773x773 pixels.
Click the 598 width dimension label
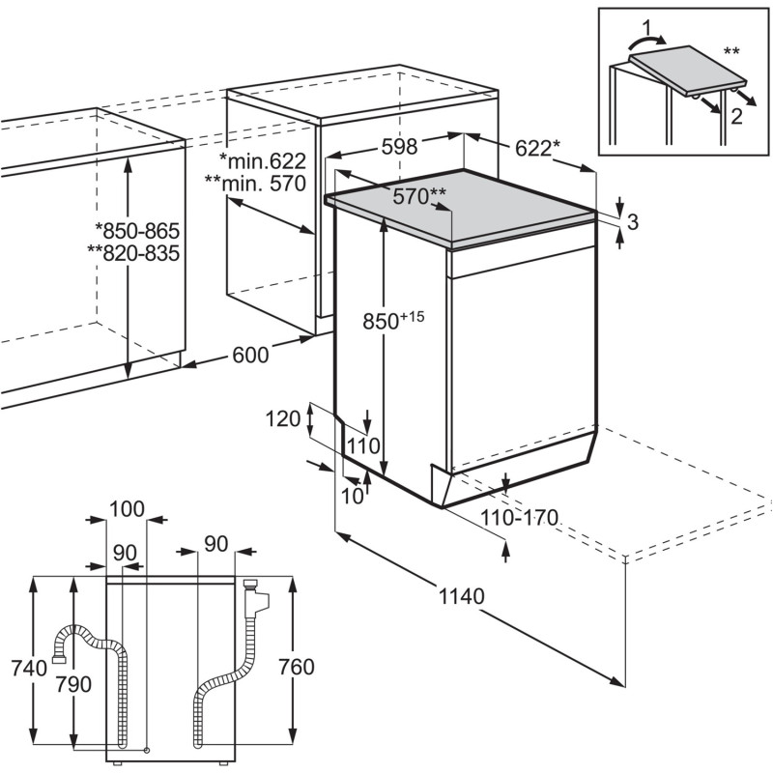(399, 147)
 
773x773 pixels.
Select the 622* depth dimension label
(538, 148)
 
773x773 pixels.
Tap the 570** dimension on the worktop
(419, 197)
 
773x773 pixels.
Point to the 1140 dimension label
(462, 596)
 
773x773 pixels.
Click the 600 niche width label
(250, 355)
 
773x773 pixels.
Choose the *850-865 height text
(137, 231)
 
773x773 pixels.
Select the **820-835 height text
(133, 253)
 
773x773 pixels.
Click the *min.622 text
(263, 160)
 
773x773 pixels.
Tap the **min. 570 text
(255, 184)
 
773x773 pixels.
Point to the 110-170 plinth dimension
(519, 518)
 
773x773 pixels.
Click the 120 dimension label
(283, 419)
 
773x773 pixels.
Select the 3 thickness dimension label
(633, 222)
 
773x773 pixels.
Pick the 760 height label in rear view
(297, 667)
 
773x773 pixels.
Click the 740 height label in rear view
(30, 669)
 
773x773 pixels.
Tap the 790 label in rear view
(73, 684)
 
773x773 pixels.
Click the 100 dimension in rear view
(127, 509)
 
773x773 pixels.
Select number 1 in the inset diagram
(646, 26)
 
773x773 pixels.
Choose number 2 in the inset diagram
(736, 116)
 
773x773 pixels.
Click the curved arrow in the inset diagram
(646, 43)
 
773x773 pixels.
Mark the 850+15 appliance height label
(393, 321)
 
